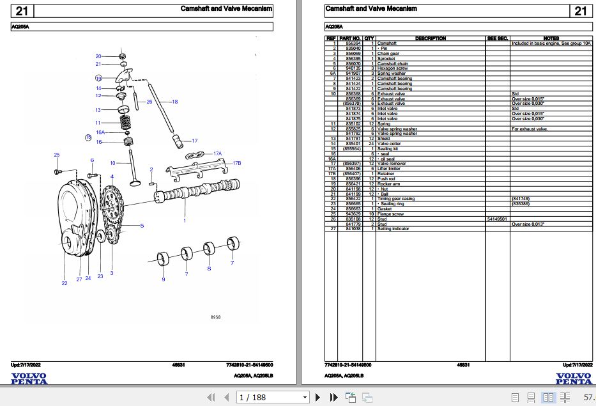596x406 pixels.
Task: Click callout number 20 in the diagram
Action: click(98, 56)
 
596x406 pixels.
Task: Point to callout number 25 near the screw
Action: click(56, 155)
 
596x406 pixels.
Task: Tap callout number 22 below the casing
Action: click(64, 283)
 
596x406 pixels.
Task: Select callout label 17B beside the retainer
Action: click(236, 163)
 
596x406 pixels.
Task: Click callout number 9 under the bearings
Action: click(163, 279)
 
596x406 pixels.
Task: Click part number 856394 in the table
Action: click(353, 43)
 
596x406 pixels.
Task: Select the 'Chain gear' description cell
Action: click(388, 54)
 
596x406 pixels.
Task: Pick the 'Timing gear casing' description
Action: click(396, 199)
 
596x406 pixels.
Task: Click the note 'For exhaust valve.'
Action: click(530, 129)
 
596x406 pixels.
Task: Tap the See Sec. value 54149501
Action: click(497, 219)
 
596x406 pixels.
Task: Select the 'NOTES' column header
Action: click(551, 38)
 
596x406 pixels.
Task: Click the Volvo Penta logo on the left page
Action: click(29, 379)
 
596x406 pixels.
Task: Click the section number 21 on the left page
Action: click(22, 11)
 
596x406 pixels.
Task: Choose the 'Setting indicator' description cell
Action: click(393, 229)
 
